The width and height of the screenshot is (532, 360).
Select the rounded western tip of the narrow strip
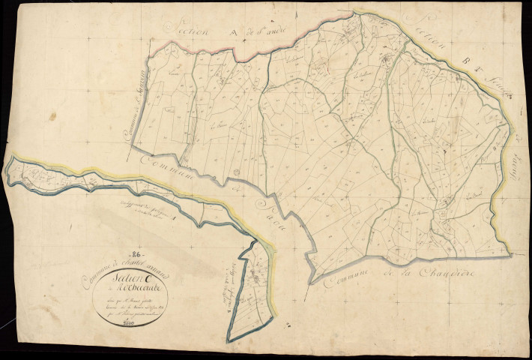click(7, 169)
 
